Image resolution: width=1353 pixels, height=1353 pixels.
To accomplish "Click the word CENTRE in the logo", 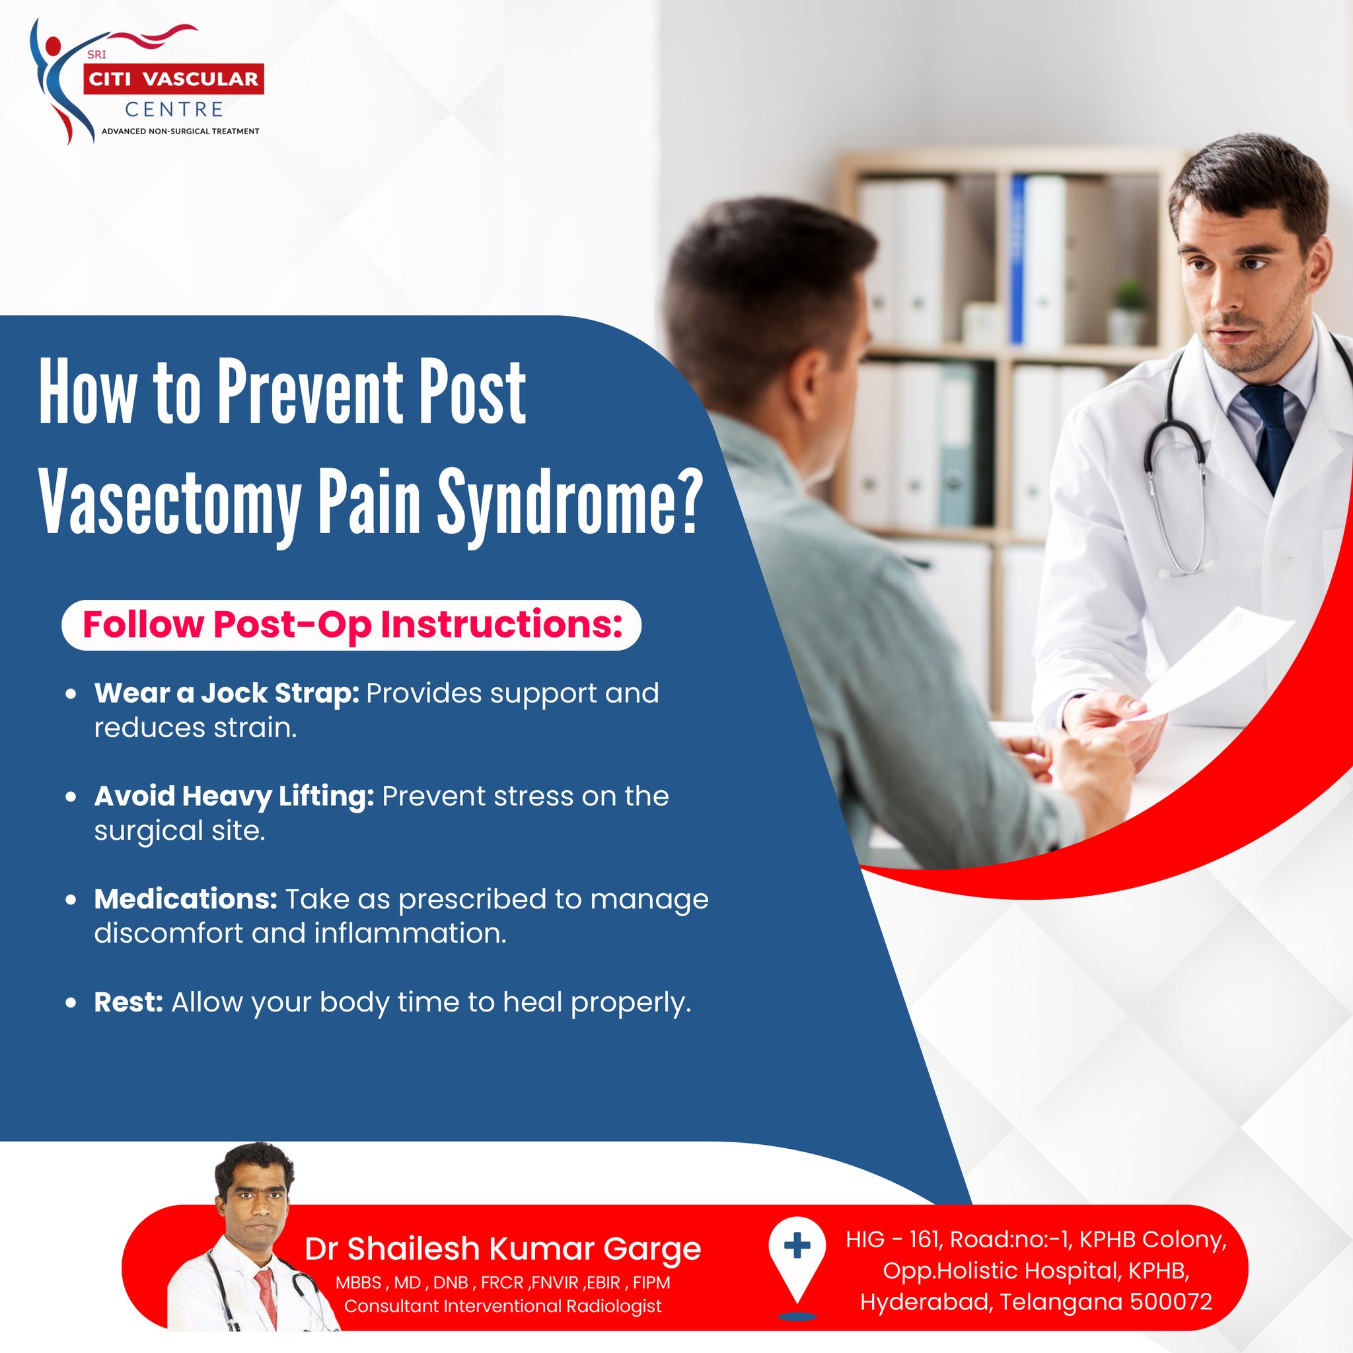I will coord(174,109).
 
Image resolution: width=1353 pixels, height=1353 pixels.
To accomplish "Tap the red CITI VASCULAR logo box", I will coord(173,79).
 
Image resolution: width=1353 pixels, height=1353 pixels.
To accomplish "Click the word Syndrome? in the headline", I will coord(569,502).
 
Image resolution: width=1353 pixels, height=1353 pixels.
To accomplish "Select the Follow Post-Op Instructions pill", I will coord(351,625).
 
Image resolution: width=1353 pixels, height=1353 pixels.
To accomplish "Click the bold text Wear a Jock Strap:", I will coord(227,693).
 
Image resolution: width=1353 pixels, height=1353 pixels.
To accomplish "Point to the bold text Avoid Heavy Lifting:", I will coord(234,796).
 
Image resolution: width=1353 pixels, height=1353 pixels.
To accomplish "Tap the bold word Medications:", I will coord(186,899).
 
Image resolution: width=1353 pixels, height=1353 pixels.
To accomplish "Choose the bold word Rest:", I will coord(128,1002).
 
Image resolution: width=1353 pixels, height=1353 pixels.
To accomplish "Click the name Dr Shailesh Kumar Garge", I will coord(502,1249).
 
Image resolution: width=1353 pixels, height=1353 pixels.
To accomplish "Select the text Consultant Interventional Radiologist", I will coord(502,1306).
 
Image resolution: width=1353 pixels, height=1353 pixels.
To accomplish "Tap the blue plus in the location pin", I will coord(797,1246).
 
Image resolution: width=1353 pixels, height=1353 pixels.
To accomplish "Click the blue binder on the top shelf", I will coord(1017,259).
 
